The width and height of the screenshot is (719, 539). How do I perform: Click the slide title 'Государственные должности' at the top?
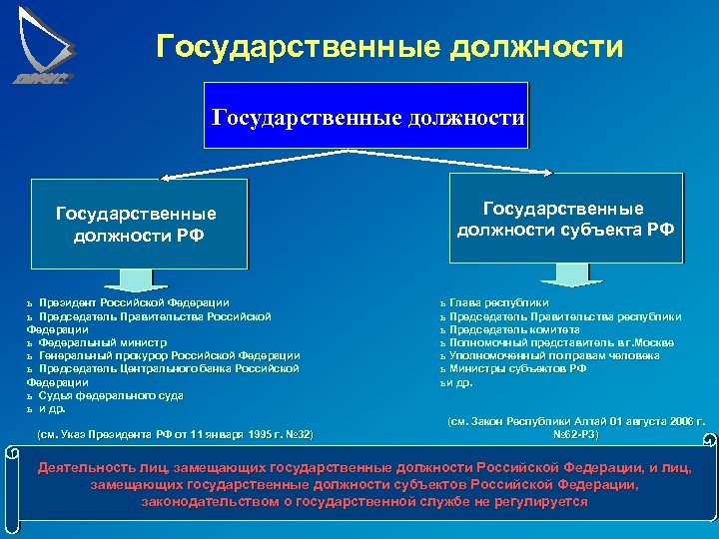point(390,46)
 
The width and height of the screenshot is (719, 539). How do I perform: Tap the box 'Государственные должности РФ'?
point(137,225)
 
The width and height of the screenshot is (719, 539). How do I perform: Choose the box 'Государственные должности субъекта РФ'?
point(565,219)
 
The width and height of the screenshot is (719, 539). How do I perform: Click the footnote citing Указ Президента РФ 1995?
point(175,435)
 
